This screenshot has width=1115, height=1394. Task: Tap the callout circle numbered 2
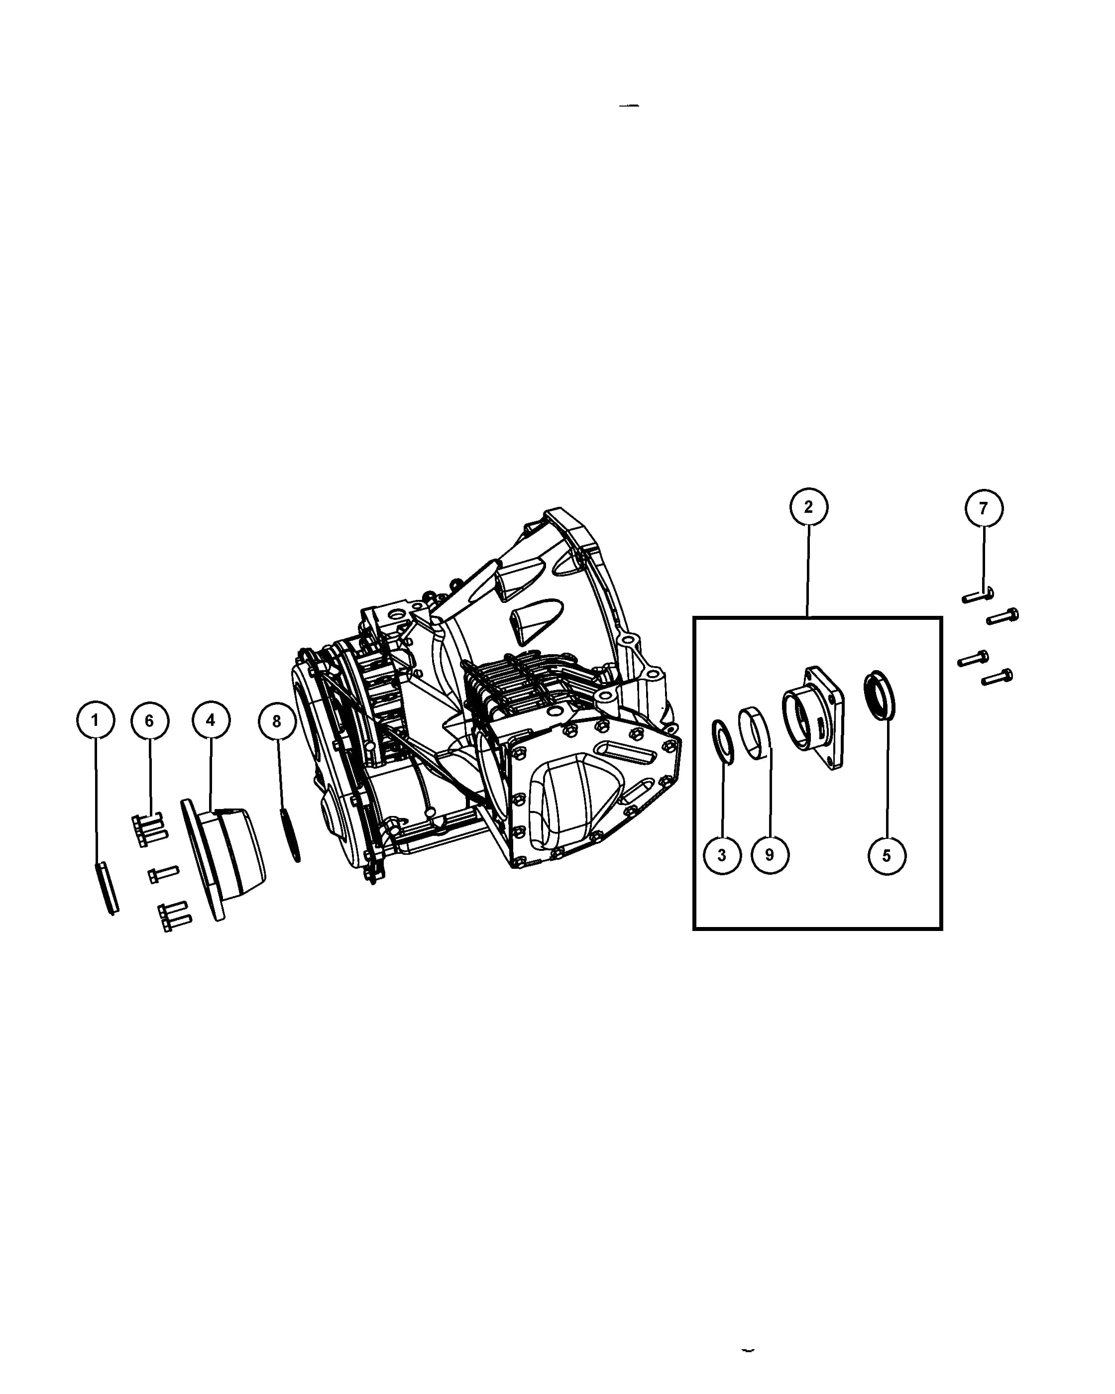click(808, 507)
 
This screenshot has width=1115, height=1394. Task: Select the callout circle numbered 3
click(722, 855)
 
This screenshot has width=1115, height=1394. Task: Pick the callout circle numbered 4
click(211, 719)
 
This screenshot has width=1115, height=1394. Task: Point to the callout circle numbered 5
click(887, 856)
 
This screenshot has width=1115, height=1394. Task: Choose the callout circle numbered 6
click(149, 721)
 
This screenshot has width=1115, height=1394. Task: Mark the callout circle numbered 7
click(984, 508)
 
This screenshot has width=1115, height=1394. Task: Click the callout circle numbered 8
click(277, 721)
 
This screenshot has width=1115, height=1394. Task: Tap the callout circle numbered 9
click(770, 855)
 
